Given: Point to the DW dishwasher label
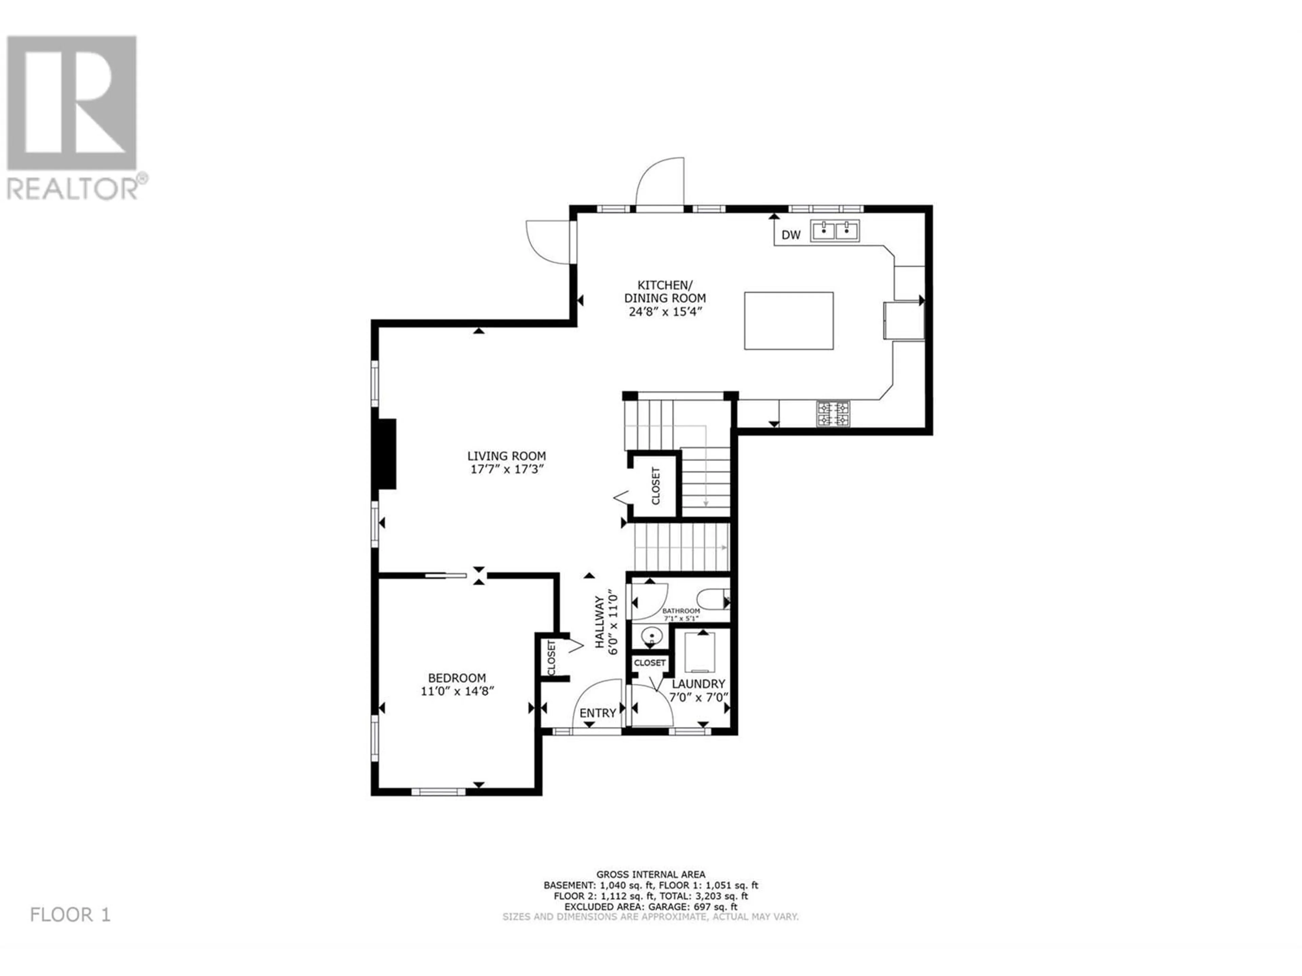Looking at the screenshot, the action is (x=791, y=235).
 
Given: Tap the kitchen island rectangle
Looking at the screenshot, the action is (x=789, y=321).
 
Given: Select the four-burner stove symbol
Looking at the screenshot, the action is (x=833, y=413).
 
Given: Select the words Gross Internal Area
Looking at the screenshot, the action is (x=650, y=875).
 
